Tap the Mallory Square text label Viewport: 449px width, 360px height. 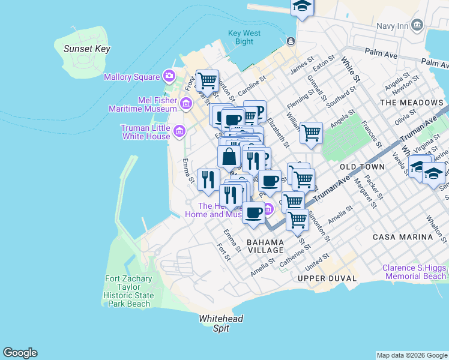(x=131, y=77)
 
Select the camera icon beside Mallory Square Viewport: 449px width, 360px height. (x=169, y=76)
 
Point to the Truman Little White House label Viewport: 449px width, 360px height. (x=146, y=132)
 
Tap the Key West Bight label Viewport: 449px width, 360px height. (x=244, y=37)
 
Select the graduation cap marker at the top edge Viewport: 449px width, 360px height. (x=303, y=8)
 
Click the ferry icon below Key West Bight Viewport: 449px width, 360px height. (x=291, y=41)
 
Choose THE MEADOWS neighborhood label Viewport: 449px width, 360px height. (x=411, y=103)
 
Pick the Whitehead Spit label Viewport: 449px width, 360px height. (x=221, y=323)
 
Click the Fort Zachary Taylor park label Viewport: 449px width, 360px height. (x=127, y=291)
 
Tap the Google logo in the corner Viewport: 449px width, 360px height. (x=20, y=353)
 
